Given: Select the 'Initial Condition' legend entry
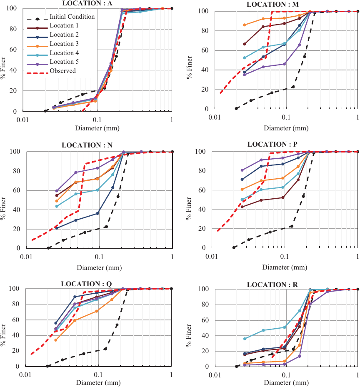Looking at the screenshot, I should (72, 17).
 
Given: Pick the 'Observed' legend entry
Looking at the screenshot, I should (62, 71).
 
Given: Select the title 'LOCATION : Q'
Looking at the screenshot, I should (86, 284).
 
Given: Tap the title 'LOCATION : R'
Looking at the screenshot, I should (272, 285).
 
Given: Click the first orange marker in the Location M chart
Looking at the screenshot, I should (244, 25).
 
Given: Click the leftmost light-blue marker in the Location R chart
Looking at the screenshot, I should (245, 338).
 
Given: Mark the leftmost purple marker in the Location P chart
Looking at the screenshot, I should (242, 170).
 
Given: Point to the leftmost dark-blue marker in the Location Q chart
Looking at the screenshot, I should (56, 323).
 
